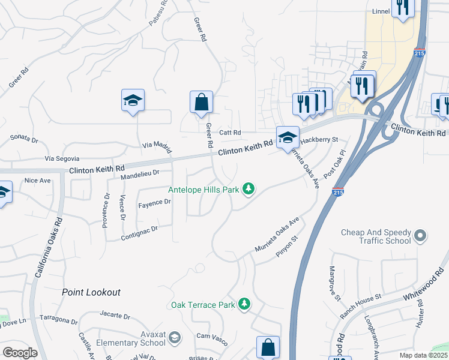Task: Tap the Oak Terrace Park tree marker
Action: click(244, 305)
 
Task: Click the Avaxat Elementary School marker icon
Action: click(174, 338)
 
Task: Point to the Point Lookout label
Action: click(91, 292)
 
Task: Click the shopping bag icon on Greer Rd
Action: click(201, 103)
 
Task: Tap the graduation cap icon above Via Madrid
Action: click(133, 101)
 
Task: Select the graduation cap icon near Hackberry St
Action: click(288, 137)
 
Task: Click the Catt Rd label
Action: click(229, 133)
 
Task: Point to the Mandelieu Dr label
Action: click(139, 173)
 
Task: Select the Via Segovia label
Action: click(62, 158)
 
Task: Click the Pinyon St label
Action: click(286, 247)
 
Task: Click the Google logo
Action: click(20, 353)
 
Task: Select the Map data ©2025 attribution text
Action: click(423, 355)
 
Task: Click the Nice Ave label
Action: click(37, 180)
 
